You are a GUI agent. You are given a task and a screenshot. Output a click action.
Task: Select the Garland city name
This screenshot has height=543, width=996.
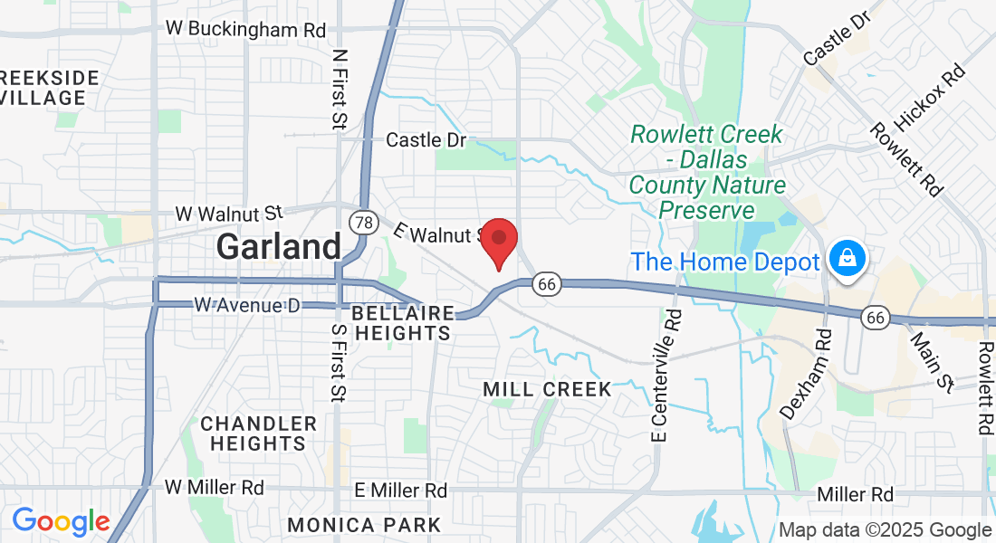[279, 245]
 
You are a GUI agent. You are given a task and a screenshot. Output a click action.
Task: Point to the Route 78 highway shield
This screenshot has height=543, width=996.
[363, 223]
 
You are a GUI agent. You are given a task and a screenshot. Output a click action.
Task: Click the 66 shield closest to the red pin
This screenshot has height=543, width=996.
[545, 284]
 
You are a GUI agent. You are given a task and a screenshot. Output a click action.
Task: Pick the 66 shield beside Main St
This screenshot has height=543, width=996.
[875, 317]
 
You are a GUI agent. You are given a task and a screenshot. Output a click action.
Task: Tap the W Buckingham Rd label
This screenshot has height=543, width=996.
[245, 29]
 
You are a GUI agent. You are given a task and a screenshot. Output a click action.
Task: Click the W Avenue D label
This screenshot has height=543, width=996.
[246, 305]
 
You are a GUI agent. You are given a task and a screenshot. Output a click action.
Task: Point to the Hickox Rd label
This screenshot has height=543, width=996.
[929, 96]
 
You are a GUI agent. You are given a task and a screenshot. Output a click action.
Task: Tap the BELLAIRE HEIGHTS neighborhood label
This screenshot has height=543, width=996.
[402, 323]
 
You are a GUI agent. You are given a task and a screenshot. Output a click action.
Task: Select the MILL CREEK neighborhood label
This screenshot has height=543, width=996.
[547, 389]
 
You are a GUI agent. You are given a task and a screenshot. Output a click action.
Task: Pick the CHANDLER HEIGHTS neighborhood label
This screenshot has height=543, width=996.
[258, 433]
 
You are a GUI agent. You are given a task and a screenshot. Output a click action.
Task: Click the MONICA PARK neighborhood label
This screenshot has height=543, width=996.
[364, 525]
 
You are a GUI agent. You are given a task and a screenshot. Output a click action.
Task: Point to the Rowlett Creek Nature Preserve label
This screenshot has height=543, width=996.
[707, 172]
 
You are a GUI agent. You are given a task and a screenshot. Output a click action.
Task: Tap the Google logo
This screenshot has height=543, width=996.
[61, 521]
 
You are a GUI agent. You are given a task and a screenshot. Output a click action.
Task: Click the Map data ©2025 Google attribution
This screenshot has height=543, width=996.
[886, 530]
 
